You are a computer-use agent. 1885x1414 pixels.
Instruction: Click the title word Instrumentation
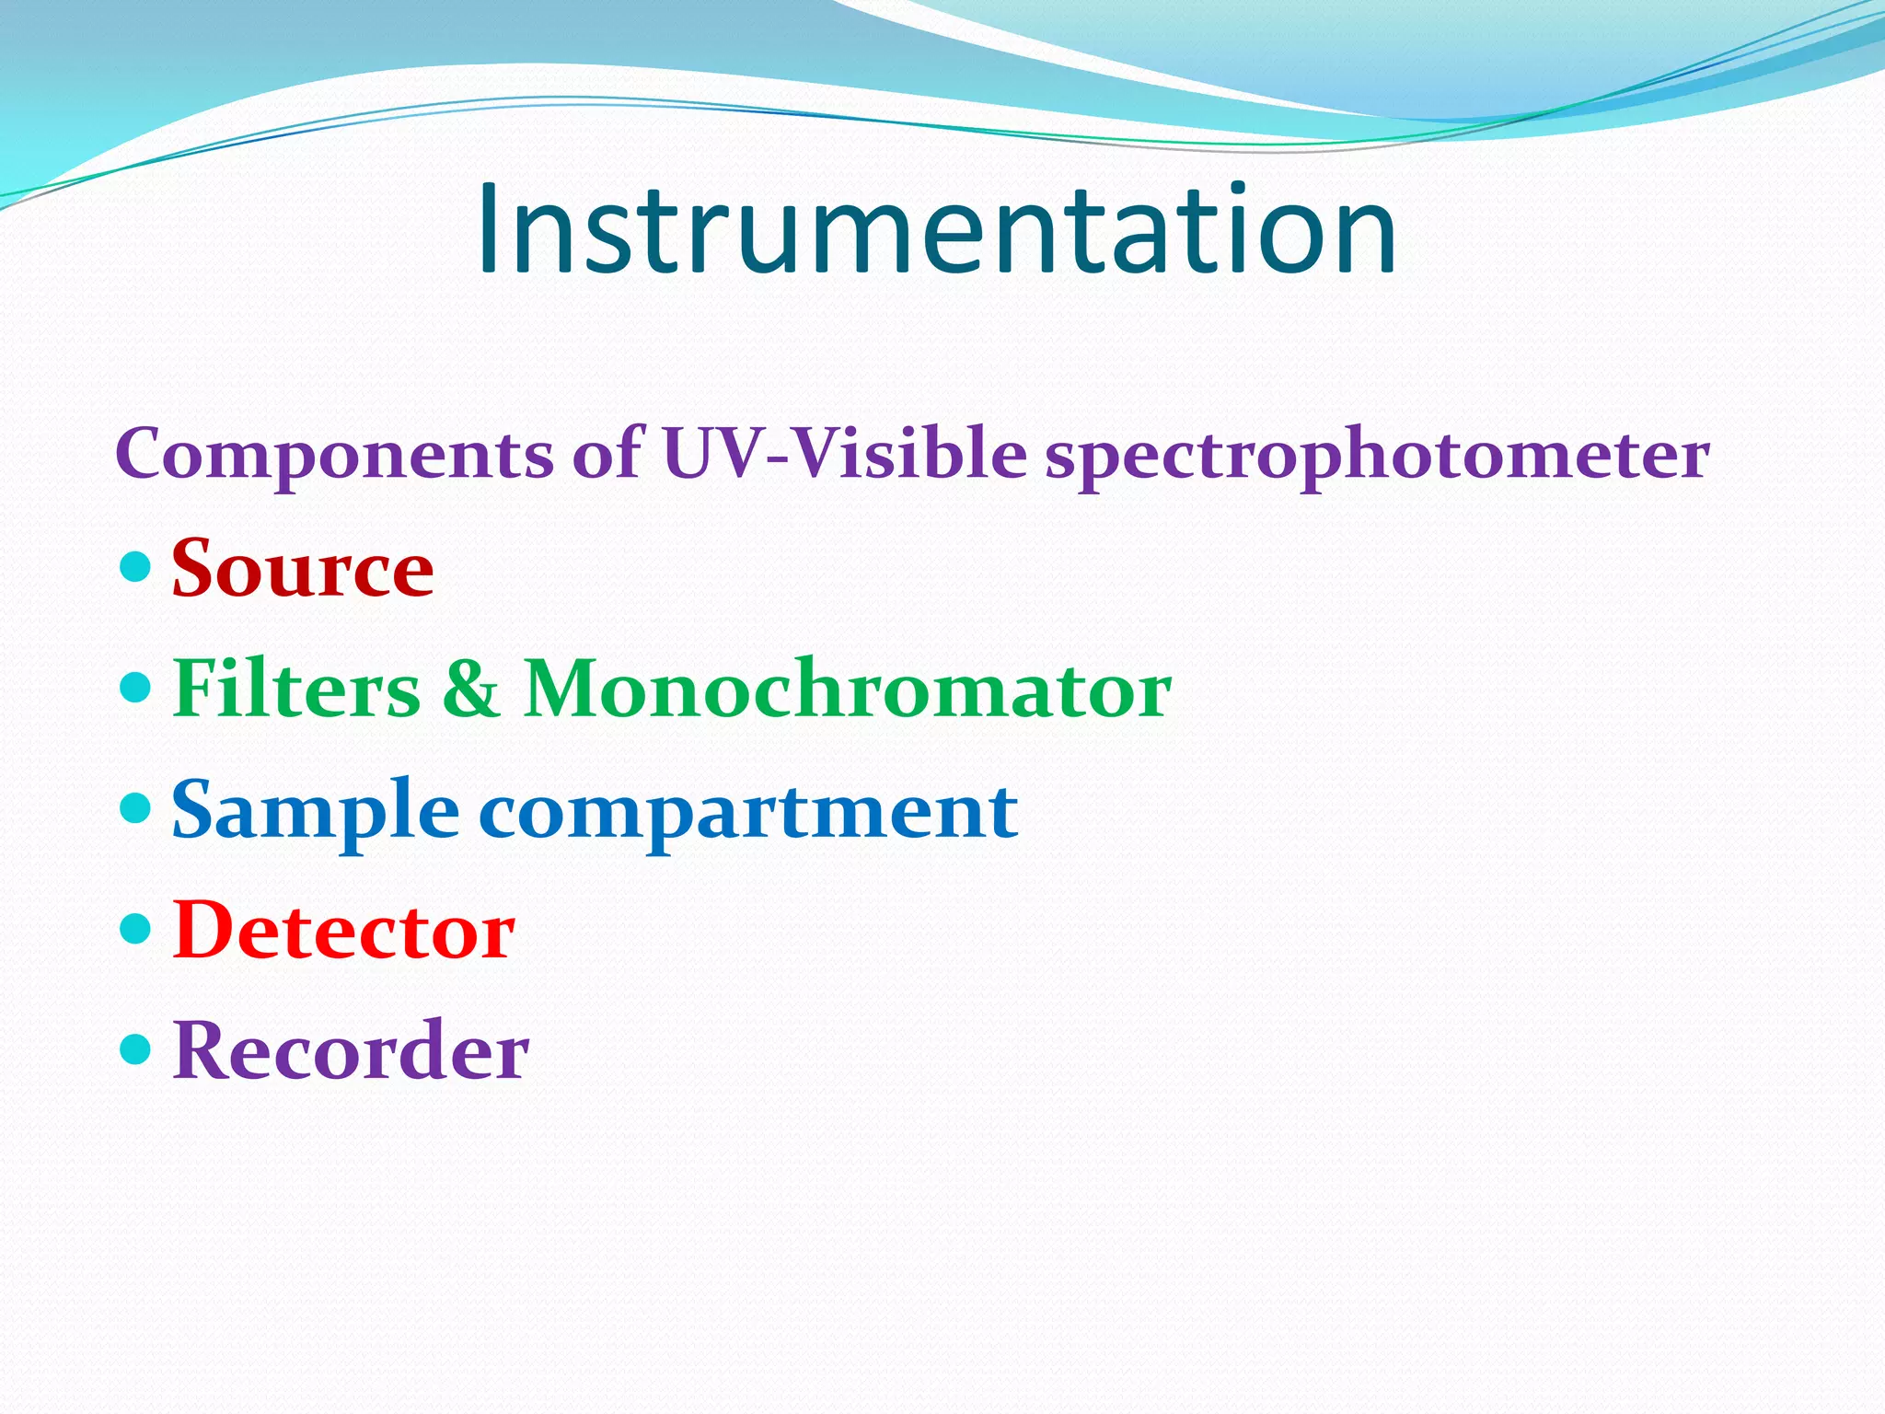936,230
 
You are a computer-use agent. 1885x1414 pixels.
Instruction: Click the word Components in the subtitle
334,454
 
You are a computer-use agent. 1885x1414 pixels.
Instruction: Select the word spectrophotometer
1377,456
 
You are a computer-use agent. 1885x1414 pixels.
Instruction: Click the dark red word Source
303,569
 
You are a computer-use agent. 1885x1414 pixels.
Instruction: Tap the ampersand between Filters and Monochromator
470,689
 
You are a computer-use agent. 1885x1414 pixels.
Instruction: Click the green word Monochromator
847,689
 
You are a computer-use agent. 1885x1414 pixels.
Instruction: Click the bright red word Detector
343,931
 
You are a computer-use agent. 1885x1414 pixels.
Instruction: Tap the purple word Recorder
351,1050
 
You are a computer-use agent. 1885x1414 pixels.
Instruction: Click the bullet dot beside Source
135,567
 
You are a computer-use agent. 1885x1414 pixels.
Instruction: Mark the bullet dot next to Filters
135,687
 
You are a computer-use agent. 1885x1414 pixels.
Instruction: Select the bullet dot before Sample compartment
135,808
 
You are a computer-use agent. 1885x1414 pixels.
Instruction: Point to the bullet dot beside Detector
135,929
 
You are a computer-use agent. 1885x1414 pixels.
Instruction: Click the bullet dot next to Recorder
135,1049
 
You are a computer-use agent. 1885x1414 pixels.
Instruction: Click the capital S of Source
198,568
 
